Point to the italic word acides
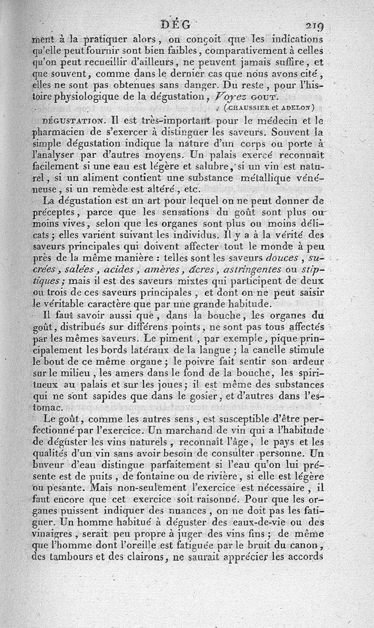(x=123, y=270)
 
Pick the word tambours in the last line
(x=70, y=556)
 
